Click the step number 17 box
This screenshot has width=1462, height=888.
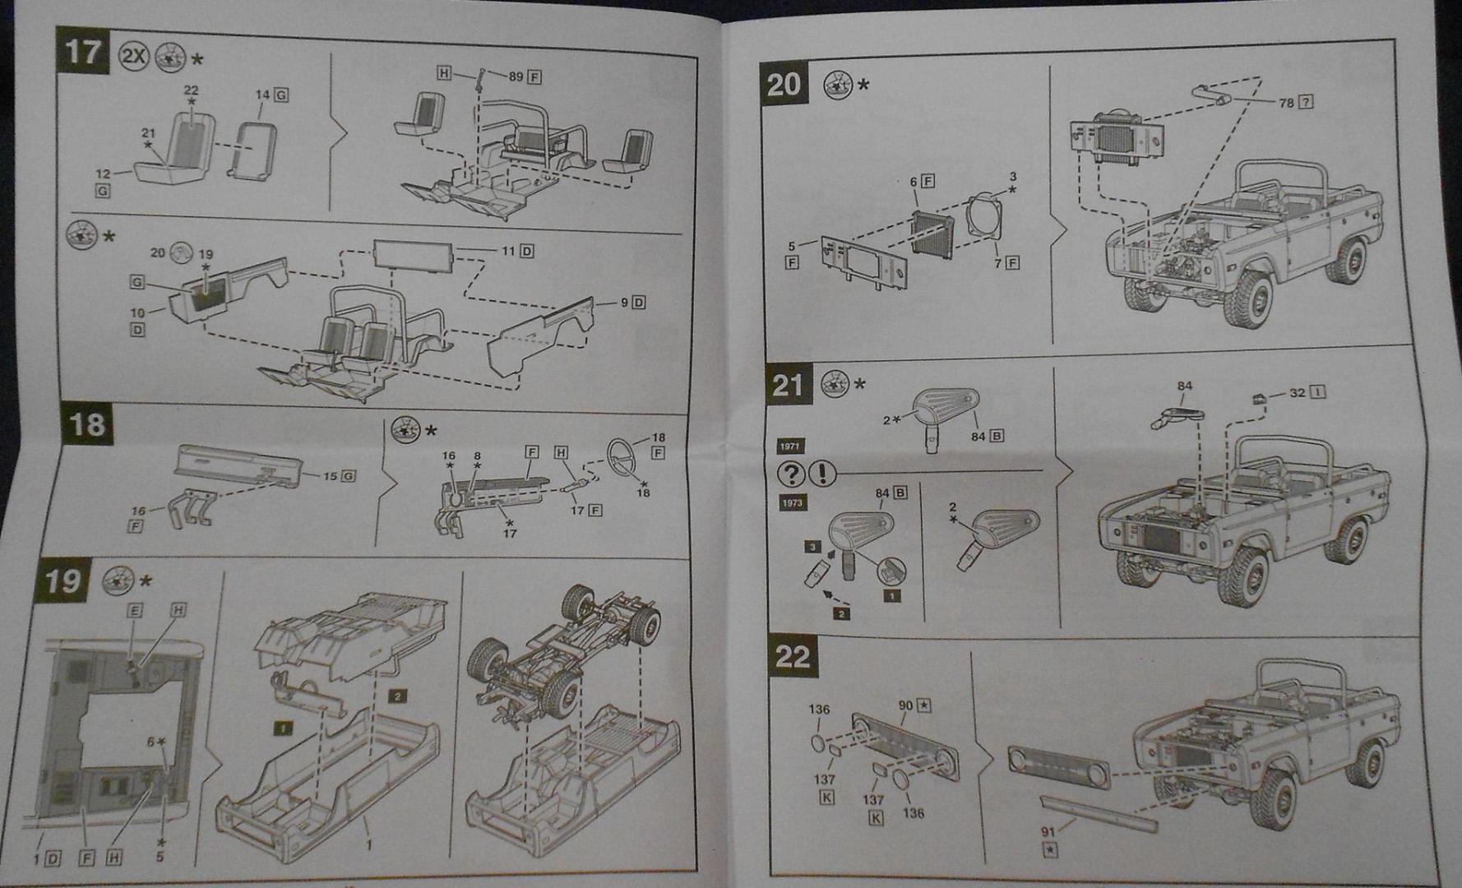coord(83,51)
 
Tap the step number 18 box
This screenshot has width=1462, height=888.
coord(86,424)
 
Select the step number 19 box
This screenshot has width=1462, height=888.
coord(63,580)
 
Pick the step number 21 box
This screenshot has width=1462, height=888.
coord(788,385)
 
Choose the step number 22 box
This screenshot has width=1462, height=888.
coord(793,656)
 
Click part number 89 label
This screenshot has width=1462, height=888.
coord(516,76)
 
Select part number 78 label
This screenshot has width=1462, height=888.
coord(1286,103)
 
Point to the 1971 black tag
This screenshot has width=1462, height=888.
coord(790,446)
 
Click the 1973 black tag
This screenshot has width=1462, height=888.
coord(792,502)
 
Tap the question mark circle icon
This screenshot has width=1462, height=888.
coord(791,474)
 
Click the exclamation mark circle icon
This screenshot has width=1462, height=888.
coord(821,474)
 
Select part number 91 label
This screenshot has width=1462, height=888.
coord(1048,832)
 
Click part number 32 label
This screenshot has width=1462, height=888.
coord(1297,393)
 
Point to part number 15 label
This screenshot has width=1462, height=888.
coord(330,476)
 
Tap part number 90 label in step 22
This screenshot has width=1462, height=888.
coord(905,705)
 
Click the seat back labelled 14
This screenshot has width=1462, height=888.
coord(251,150)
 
